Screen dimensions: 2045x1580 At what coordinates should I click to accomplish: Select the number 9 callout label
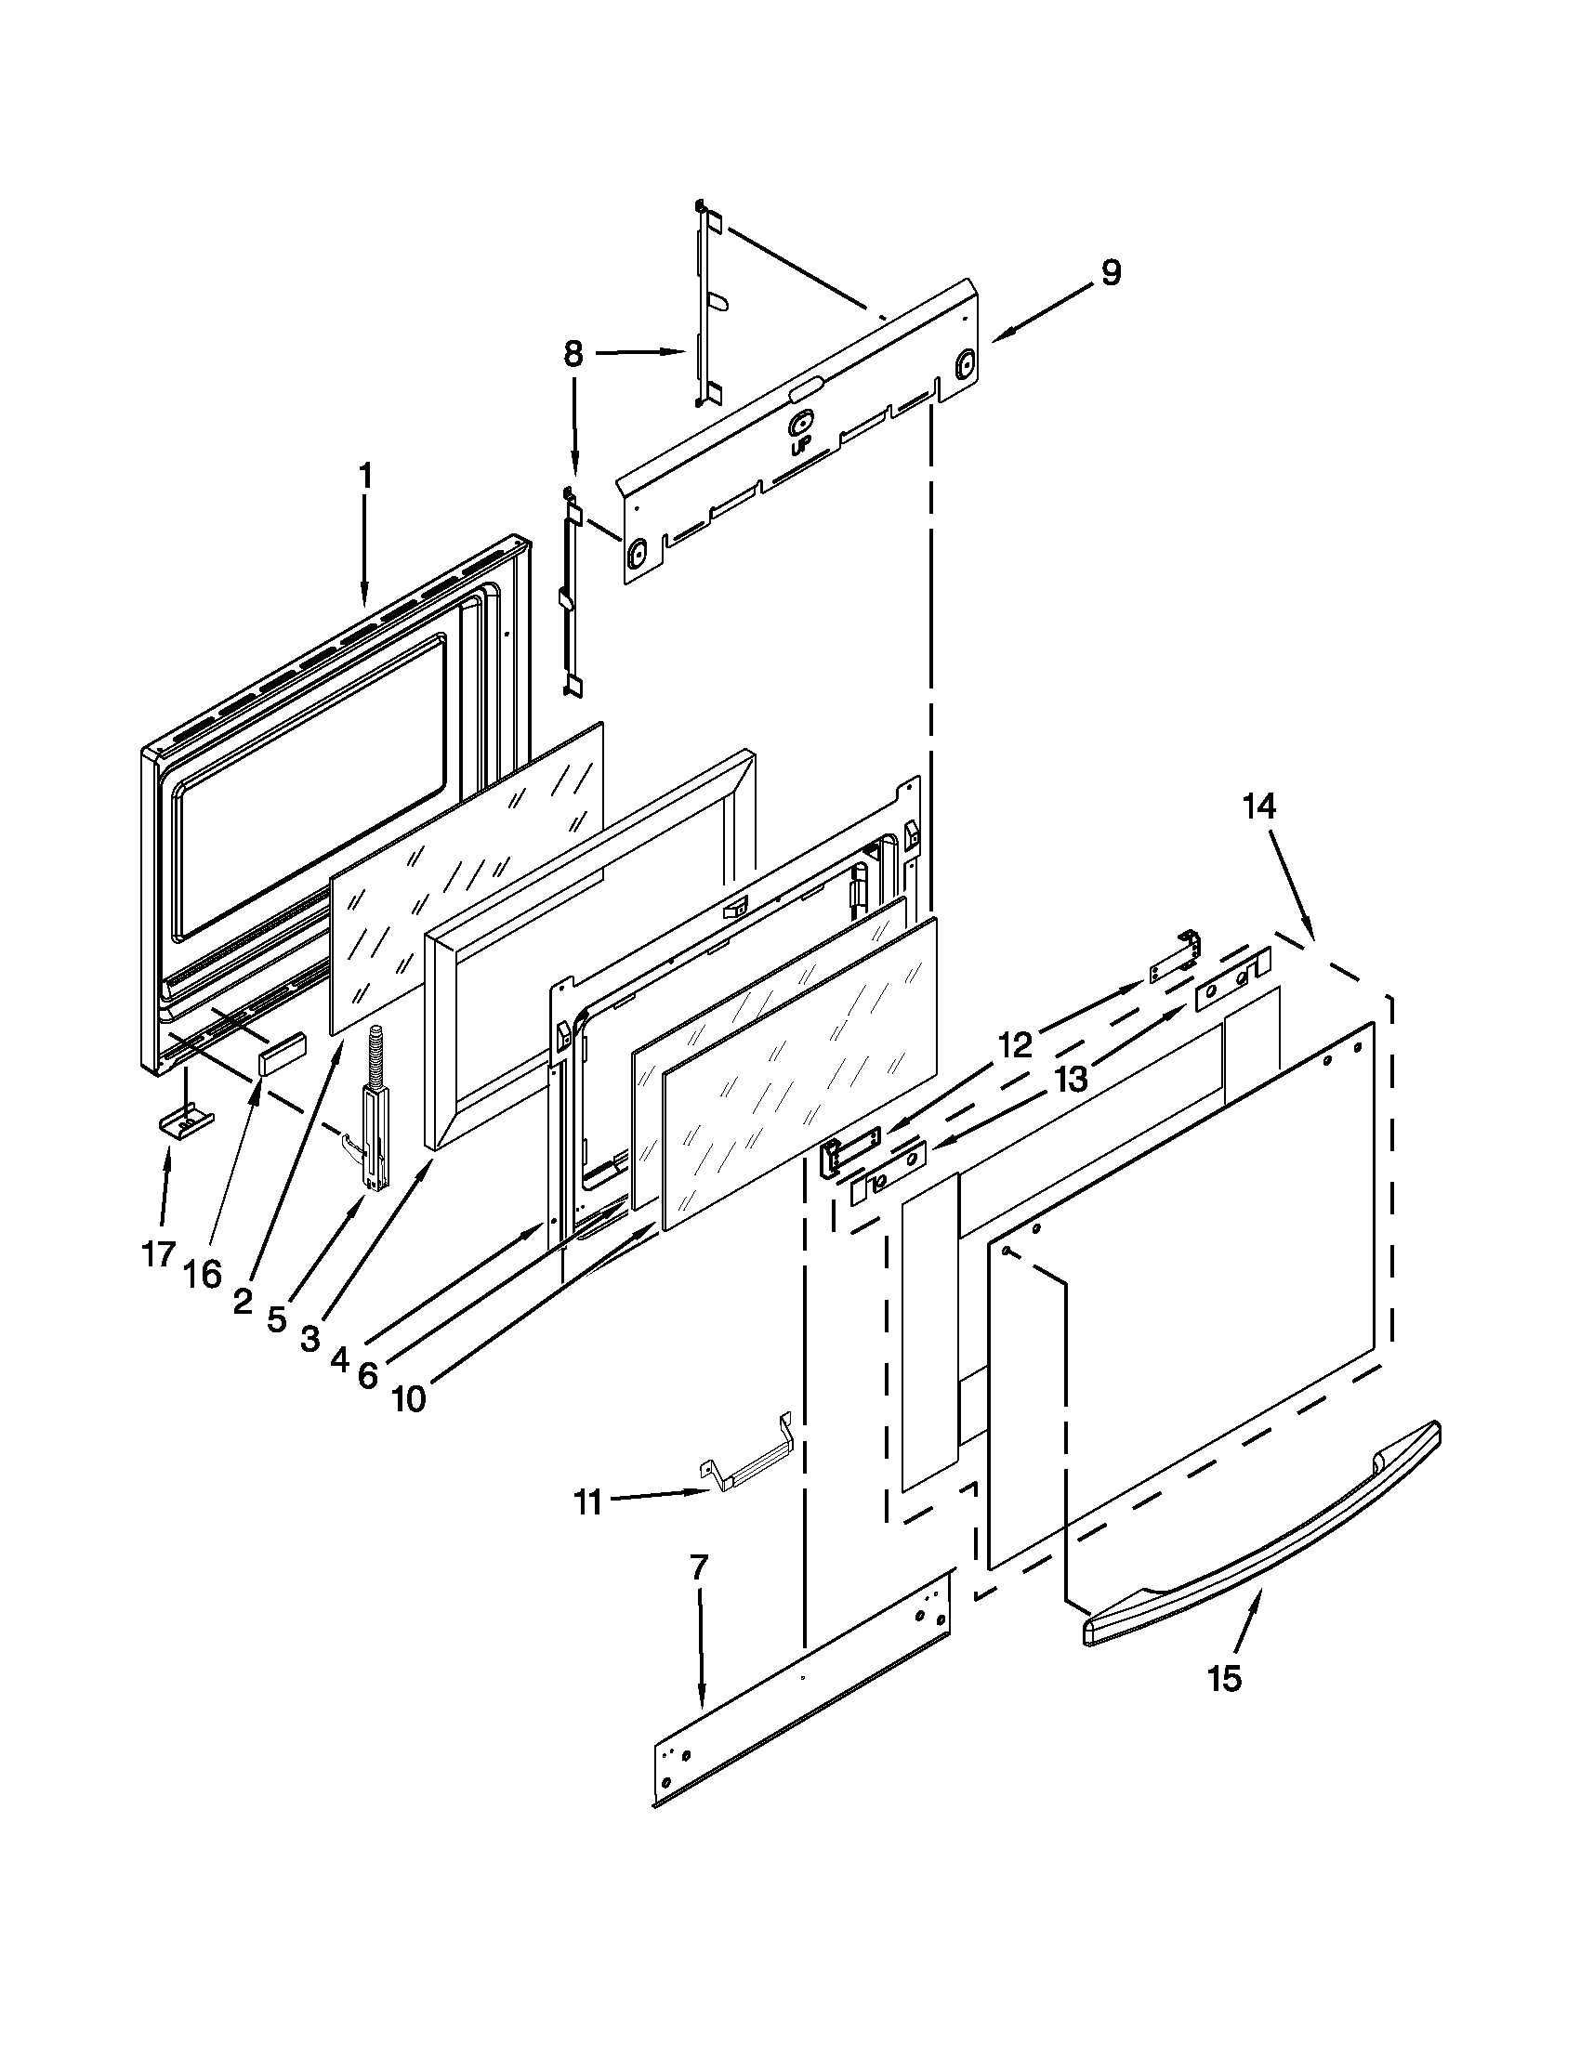coord(1110,273)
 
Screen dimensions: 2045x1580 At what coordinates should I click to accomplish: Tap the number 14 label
coord(1259,806)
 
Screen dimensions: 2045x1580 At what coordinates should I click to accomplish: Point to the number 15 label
coord(1224,1679)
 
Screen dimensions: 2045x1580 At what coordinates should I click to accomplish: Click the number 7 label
coord(700,1567)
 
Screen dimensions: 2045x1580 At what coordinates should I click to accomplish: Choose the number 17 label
coord(159,1253)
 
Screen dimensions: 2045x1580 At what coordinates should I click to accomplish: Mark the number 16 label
coord(204,1275)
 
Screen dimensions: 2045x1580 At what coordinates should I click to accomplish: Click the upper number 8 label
coord(573,354)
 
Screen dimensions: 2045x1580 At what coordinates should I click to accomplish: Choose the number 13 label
coord(1071,1080)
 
